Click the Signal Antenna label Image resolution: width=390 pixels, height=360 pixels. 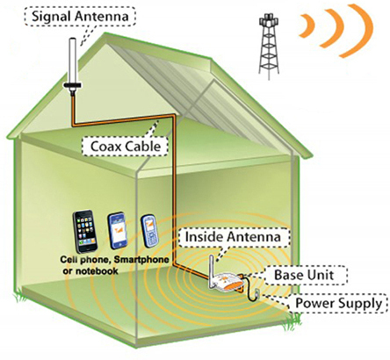tap(80, 16)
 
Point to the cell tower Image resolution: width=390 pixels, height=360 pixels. tap(268, 47)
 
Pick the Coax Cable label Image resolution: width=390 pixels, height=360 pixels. tap(126, 146)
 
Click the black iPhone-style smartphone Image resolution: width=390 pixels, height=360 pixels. tap(85, 231)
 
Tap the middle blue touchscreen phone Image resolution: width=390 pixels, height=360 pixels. tap(118, 231)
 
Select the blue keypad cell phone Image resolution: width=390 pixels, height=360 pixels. tap(149, 231)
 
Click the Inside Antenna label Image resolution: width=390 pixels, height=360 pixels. tap(233, 236)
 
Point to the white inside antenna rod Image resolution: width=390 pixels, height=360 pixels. tap(212, 270)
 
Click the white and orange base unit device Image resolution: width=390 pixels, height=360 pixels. tap(227, 282)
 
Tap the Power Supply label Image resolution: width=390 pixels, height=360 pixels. tap(338, 303)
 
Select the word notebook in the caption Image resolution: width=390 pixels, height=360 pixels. tap(96, 271)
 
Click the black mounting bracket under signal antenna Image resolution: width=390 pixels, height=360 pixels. tap(73, 85)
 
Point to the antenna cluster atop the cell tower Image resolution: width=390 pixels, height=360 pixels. tap(268, 20)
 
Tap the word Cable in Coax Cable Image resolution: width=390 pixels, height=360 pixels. tap(142, 146)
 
